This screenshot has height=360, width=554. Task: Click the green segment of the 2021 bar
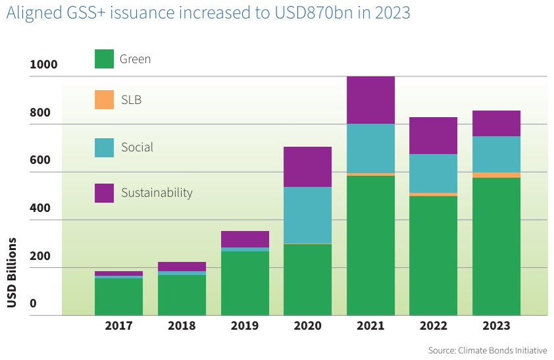370,245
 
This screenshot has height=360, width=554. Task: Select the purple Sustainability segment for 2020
307,167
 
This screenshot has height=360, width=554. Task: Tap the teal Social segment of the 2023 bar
496,154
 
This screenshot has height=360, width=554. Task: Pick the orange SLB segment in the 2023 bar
496,175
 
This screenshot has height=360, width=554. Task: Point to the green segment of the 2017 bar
118,296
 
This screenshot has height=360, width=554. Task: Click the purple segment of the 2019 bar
245,239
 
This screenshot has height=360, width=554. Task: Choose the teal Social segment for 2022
433,173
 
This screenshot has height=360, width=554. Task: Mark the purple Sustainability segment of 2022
433,136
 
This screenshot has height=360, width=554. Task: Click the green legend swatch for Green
105,59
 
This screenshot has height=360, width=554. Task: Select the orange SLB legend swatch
105,100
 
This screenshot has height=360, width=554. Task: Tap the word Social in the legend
137,147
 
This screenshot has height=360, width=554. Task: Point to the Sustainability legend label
157,193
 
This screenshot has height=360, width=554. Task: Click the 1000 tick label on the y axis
43,64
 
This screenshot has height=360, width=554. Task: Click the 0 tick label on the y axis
33,303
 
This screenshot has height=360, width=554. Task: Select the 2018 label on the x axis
181,326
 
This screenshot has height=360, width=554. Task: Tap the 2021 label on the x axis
370,326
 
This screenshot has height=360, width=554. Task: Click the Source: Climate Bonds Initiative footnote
488,350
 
